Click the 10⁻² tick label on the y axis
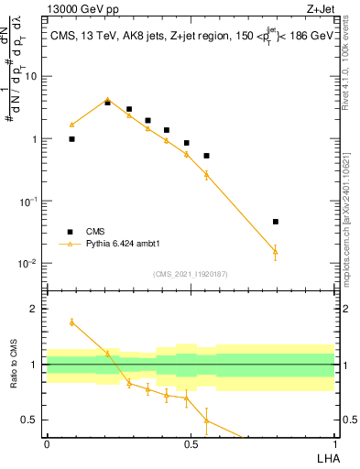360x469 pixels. (x=29, y=264)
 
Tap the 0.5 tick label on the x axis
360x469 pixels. (x=191, y=444)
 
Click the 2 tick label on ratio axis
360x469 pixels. (x=35, y=310)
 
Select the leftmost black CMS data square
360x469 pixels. (x=71, y=139)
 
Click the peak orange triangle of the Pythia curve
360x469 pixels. (x=107, y=100)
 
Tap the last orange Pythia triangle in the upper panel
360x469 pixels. (x=275, y=251)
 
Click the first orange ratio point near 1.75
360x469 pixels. (x=71, y=322)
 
